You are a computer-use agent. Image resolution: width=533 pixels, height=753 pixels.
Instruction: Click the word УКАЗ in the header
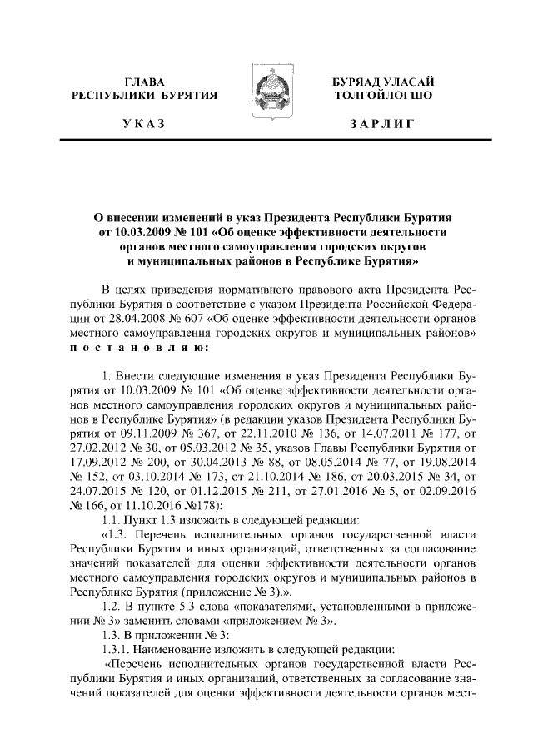pos(143,124)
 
